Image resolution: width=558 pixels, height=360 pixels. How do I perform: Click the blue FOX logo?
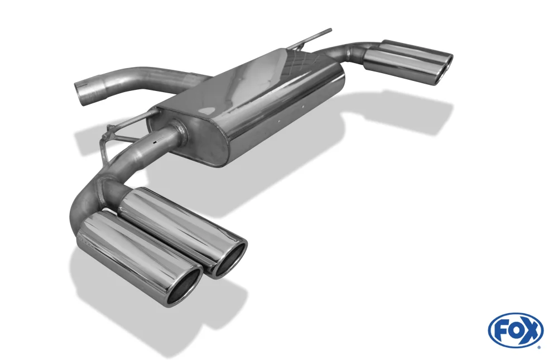(516, 330)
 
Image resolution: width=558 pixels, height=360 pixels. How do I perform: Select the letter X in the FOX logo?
(531, 330)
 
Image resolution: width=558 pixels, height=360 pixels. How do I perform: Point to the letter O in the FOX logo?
(515, 331)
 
